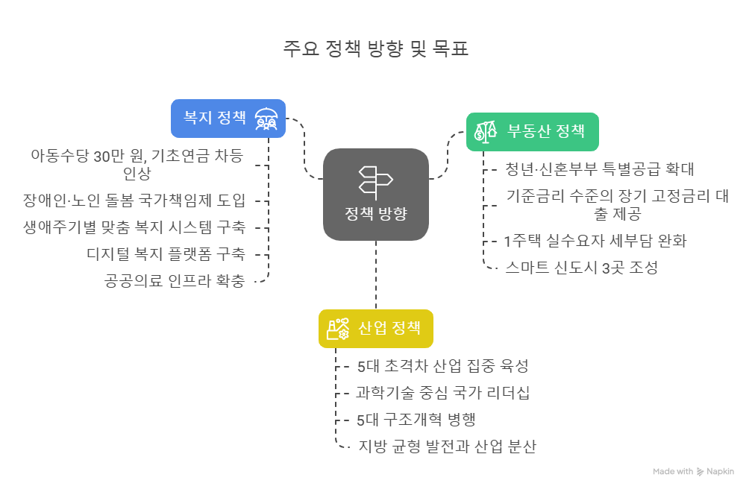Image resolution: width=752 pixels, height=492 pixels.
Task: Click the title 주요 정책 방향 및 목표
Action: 376,50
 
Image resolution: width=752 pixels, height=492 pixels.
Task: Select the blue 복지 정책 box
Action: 228,119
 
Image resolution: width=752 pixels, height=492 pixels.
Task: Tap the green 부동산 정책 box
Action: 533,132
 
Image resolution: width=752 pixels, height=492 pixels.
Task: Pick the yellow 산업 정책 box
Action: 375,329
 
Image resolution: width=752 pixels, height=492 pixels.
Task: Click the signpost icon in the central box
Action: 375,180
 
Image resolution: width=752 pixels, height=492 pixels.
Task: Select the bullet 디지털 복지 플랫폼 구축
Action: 166,253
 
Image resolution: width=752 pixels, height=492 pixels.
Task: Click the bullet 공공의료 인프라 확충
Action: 175,281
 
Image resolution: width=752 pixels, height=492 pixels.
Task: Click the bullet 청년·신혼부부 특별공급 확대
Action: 600,168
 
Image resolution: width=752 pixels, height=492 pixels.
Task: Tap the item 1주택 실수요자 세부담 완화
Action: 595,241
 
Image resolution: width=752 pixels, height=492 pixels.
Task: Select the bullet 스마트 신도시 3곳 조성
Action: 581,268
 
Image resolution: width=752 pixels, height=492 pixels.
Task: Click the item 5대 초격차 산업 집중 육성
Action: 442,366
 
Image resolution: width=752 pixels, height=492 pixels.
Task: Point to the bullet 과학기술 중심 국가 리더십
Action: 442,393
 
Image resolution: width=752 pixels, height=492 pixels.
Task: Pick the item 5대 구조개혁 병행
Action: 416,420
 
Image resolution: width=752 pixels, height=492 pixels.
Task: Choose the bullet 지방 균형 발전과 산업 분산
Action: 447,447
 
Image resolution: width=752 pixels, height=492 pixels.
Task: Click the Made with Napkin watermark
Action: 693,471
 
